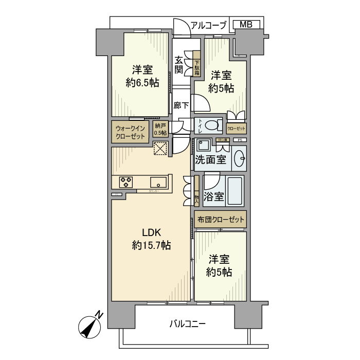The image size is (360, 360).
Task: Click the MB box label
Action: point(246,24)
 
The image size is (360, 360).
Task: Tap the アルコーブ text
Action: point(208,25)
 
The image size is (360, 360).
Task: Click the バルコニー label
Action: point(187,324)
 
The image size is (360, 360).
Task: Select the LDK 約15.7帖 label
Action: point(151,240)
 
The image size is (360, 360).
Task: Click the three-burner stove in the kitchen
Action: point(126,182)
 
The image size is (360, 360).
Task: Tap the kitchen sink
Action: point(158,182)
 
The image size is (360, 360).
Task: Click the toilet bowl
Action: point(211,125)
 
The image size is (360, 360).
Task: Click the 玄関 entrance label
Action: point(178,64)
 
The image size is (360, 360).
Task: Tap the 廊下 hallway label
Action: point(181,105)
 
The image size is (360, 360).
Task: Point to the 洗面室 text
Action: point(210,160)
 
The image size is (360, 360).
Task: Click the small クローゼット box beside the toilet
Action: point(236,128)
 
